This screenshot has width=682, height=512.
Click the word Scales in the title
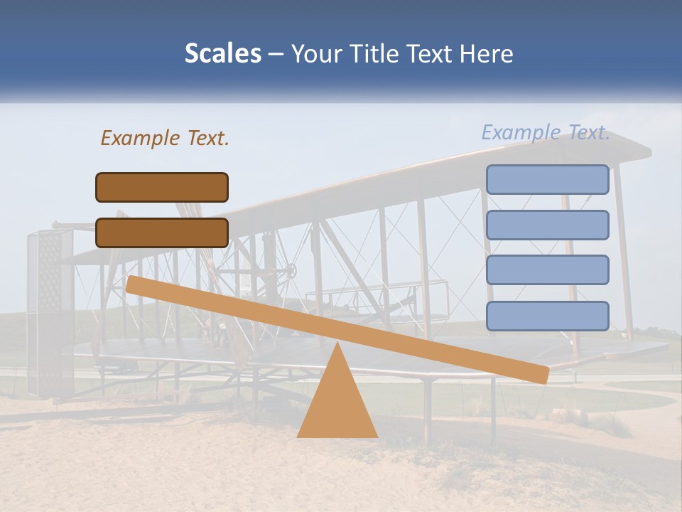tap(222, 54)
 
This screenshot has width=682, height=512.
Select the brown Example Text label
tap(165, 138)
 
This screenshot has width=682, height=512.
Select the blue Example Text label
tap(546, 132)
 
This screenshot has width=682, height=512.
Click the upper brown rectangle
tap(162, 187)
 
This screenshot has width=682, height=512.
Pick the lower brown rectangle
tap(162, 233)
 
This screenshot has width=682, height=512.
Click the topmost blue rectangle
tap(547, 179)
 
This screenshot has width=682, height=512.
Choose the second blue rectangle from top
tap(547, 225)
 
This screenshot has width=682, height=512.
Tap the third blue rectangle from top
tap(547, 270)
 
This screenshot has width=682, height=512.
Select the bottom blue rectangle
tap(547, 316)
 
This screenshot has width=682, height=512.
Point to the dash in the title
tap(276, 54)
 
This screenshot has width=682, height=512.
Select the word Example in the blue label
tap(521, 132)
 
